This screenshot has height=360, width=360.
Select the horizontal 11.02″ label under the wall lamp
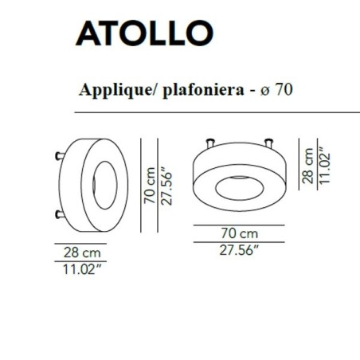click(x=82, y=268)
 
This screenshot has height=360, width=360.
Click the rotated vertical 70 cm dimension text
click(x=149, y=186)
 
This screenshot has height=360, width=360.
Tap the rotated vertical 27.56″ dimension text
click(x=166, y=186)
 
